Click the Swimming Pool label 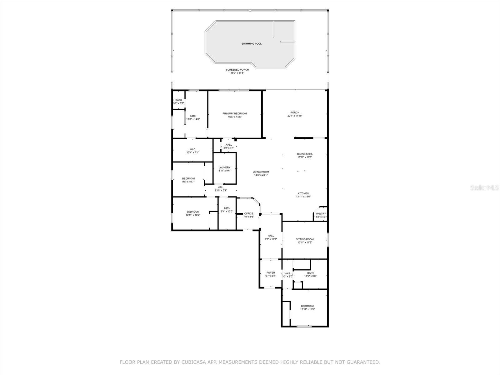251,44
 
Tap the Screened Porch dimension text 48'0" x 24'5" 237,73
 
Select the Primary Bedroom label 234,113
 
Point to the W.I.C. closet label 192,149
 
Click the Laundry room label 224,167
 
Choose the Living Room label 261,172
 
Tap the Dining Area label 304,154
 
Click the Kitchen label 303,193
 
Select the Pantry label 321,214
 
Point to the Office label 249,213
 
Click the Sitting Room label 305,239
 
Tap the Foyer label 271,273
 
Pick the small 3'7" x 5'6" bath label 178,100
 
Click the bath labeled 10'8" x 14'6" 193,116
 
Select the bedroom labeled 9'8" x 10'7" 188,178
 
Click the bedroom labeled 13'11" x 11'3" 307,306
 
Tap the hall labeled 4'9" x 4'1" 229,145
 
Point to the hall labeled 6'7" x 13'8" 271,236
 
